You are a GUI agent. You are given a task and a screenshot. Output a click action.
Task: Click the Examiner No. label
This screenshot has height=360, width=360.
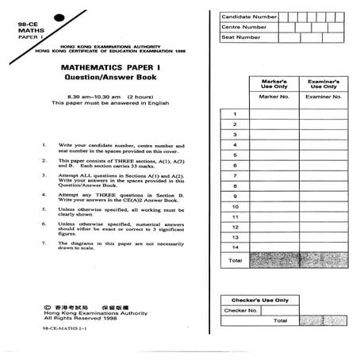tap(325, 97)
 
